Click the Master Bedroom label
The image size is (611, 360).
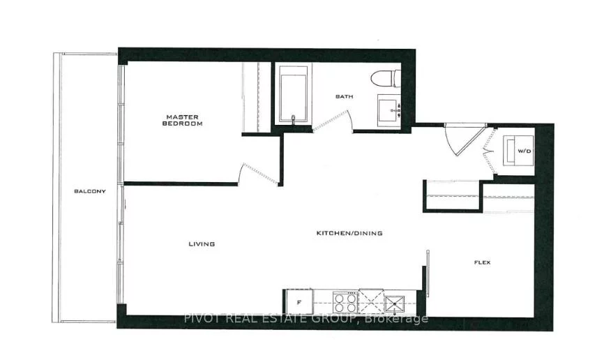(x=182, y=120)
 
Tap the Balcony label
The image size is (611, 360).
(x=90, y=191)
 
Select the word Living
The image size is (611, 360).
(x=202, y=244)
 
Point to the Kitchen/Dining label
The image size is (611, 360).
(x=349, y=233)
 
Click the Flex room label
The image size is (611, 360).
(x=483, y=262)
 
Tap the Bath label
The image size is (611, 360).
(x=345, y=96)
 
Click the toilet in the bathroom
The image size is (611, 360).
(x=386, y=79)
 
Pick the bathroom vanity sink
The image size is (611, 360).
(x=389, y=110)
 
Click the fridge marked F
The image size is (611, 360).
(x=299, y=302)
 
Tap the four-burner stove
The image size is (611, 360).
(x=346, y=302)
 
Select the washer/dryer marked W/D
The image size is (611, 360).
(x=518, y=150)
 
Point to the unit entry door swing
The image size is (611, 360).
(x=462, y=141)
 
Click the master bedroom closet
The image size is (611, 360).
(x=256, y=98)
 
